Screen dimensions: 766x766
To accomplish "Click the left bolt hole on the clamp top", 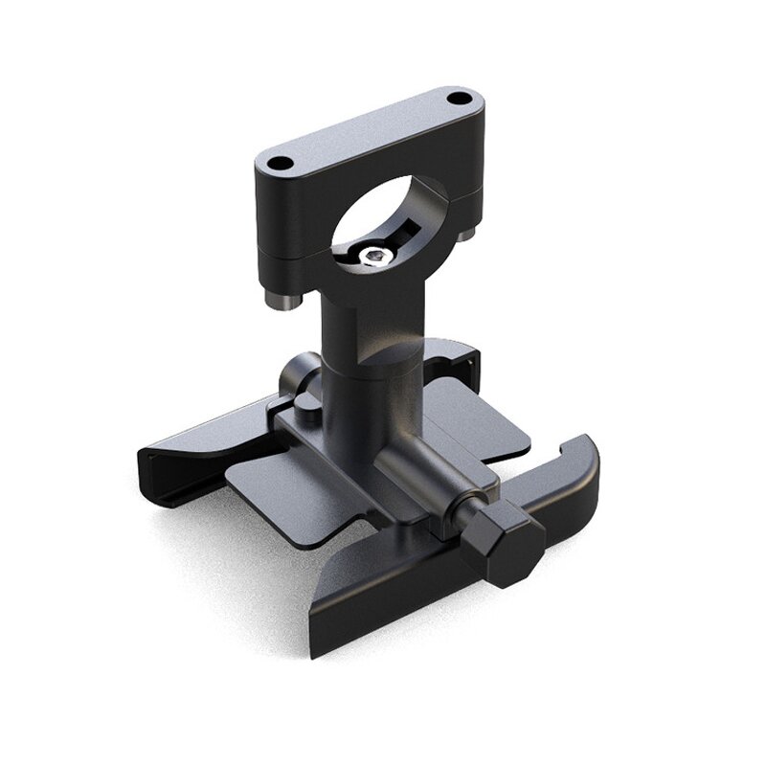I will (x=279, y=164).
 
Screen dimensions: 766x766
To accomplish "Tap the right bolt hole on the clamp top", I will (x=462, y=99).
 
